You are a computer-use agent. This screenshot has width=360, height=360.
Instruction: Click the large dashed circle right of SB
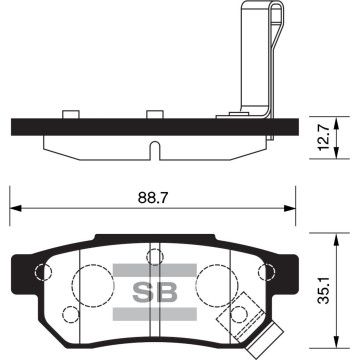[213, 284]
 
